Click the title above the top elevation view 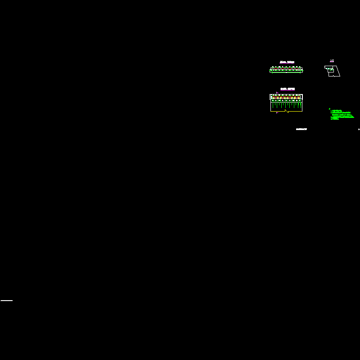pos(287,62)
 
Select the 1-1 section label pos(332,61)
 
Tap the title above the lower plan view pos(287,89)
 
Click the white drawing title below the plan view pos(301,130)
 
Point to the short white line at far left pos(7,300)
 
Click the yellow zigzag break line pos(287,111)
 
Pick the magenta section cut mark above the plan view pos(277,93)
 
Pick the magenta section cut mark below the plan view pos(277,113)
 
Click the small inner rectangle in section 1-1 pos(331,70)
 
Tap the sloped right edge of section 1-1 pos(338,71)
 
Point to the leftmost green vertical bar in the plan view pos(272,105)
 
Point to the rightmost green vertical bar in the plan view pos(301,105)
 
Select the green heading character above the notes pos(329,108)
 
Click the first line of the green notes pos(337,110)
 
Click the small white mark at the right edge pos(359,130)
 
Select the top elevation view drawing pos(286,69)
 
